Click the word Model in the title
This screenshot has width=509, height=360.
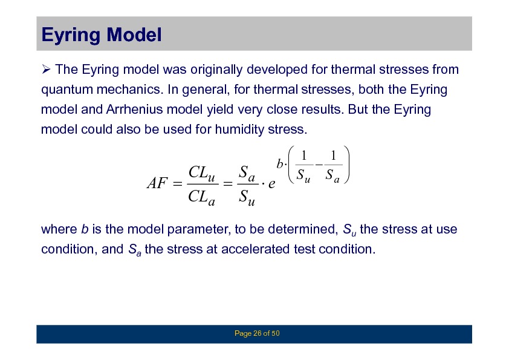tap(134, 34)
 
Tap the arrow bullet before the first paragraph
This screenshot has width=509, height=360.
tap(46, 69)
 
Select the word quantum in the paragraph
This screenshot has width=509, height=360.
tap(67, 90)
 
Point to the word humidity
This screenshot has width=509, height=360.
tap(239, 129)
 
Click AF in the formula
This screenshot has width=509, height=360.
tap(157, 183)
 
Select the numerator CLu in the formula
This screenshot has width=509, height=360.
tap(201, 173)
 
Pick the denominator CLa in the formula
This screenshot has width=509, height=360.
tap(201, 197)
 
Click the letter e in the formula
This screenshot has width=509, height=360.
tap(271, 184)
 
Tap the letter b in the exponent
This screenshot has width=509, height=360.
tap(279, 164)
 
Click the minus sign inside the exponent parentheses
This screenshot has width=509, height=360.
tap(319, 165)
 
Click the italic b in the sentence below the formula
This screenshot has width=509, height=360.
tap(85, 229)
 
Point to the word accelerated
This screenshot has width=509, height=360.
tap(256, 249)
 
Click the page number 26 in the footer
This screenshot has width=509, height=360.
tap(258, 333)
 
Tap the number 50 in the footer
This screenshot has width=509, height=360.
tap(275, 333)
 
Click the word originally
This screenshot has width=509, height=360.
tap(216, 70)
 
